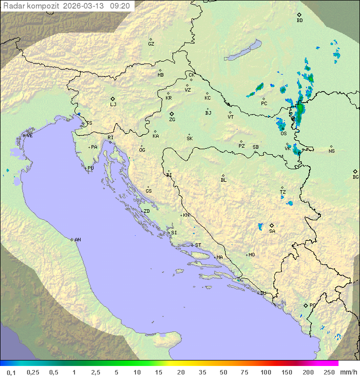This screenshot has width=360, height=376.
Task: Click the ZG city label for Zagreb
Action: pyautogui.click(x=172, y=120)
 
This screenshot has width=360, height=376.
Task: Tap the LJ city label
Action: pyautogui.click(x=113, y=105)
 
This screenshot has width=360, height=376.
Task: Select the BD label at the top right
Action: pyautogui.click(x=299, y=21)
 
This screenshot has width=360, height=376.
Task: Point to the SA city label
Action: pyautogui.click(x=272, y=231)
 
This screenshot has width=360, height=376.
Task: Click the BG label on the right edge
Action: pyautogui.click(x=355, y=177)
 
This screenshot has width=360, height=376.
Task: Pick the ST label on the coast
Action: pyautogui.click(x=198, y=245)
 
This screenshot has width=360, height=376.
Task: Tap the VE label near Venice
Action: pyautogui.click(x=29, y=136)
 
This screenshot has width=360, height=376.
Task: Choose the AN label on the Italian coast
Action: pyautogui.click(x=77, y=240)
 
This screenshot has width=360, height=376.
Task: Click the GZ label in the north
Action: pyautogui.click(x=151, y=44)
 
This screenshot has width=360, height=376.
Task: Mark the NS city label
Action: pyautogui.click(x=331, y=151)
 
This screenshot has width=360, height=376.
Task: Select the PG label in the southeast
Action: pyautogui.click(x=312, y=305)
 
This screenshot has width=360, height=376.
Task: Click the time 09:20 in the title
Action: pyautogui.click(x=120, y=6)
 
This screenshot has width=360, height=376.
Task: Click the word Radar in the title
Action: pyautogui.click(x=13, y=6)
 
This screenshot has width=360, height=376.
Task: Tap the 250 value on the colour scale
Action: pyautogui.click(x=328, y=372)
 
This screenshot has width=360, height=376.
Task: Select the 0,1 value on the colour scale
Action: pyautogui.click(x=11, y=372)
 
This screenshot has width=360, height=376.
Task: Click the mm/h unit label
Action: pyautogui.click(x=347, y=372)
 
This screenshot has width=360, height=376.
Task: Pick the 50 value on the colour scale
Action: pyautogui.click(x=223, y=372)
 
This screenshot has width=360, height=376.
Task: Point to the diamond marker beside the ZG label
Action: pyautogui.click(x=171, y=114)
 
